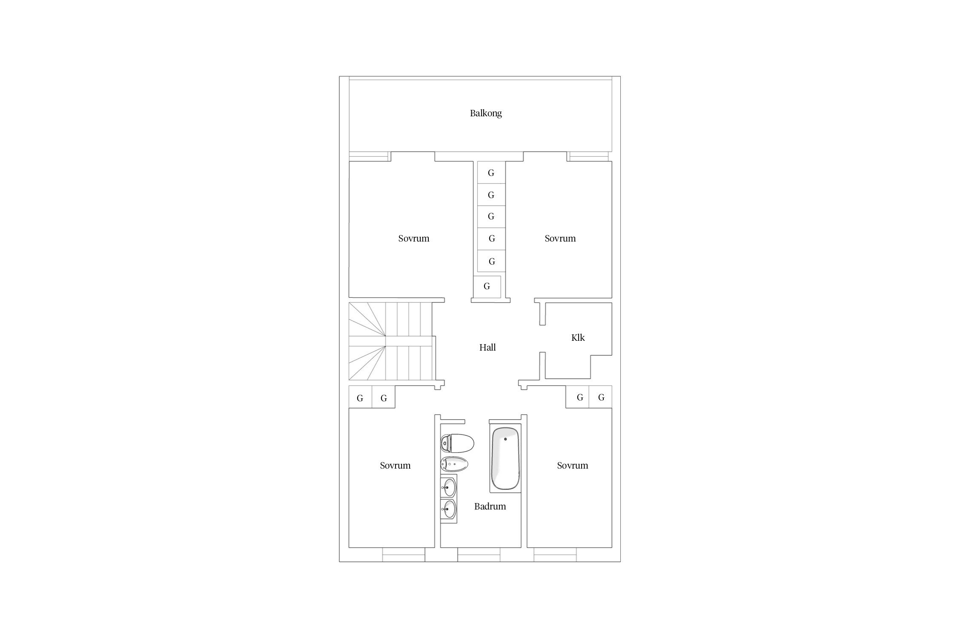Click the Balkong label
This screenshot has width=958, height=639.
click(x=486, y=113)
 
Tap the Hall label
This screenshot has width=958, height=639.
click(x=488, y=348)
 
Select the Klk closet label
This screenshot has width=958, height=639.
click(x=578, y=338)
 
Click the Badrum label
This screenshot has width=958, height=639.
click(x=490, y=507)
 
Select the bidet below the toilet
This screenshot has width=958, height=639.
click(x=454, y=464)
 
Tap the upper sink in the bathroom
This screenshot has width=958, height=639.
click(x=449, y=486)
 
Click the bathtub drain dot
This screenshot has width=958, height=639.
click(x=505, y=439)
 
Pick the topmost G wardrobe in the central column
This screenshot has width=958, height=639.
click(x=491, y=173)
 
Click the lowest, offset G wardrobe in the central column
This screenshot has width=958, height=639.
click(x=487, y=287)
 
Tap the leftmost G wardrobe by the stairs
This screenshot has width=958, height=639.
click(x=360, y=397)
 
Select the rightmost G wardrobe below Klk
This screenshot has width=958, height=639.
click(x=601, y=397)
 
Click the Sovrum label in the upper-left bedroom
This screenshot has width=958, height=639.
click(x=414, y=239)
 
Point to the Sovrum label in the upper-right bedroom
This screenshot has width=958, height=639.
click(x=560, y=239)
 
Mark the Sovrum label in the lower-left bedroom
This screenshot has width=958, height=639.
click(x=395, y=466)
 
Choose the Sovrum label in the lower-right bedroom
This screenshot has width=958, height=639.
click(x=573, y=466)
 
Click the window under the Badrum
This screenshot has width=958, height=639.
click(x=479, y=555)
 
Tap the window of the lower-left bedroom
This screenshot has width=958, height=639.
click(x=404, y=555)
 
